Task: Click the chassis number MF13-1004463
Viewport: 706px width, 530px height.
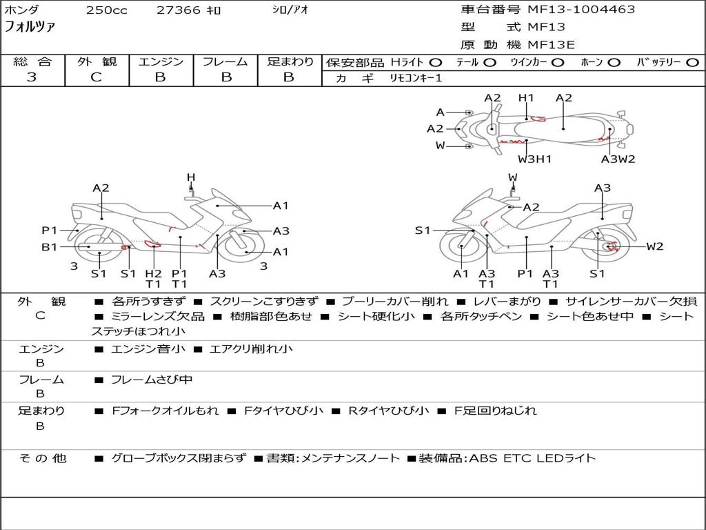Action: (x=581, y=10)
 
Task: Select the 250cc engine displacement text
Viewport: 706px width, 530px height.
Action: (x=107, y=10)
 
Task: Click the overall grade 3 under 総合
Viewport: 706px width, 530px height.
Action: (x=32, y=77)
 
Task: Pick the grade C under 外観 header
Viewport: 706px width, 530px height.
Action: (x=96, y=77)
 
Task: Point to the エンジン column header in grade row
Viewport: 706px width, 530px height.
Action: (x=161, y=61)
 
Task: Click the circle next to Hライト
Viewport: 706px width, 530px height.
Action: (x=436, y=63)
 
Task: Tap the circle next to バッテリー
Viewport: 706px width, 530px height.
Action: (x=692, y=63)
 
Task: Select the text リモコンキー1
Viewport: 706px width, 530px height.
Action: (x=416, y=78)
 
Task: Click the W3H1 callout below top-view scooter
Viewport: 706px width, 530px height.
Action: (x=534, y=159)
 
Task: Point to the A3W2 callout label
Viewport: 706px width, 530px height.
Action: (x=618, y=159)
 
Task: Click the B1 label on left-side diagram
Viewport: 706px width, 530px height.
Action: (x=50, y=247)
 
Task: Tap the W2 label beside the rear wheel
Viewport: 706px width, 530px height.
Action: (x=655, y=246)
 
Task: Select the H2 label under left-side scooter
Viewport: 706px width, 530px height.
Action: (x=153, y=273)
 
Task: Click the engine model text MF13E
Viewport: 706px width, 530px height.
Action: (x=551, y=45)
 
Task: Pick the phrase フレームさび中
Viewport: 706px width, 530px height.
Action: (x=152, y=380)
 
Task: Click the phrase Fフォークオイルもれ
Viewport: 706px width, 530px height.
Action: (x=165, y=411)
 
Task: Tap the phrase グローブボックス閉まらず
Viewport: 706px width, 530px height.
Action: (x=179, y=458)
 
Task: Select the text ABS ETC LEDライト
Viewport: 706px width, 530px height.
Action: (x=532, y=458)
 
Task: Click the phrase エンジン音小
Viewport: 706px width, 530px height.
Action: (x=148, y=349)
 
